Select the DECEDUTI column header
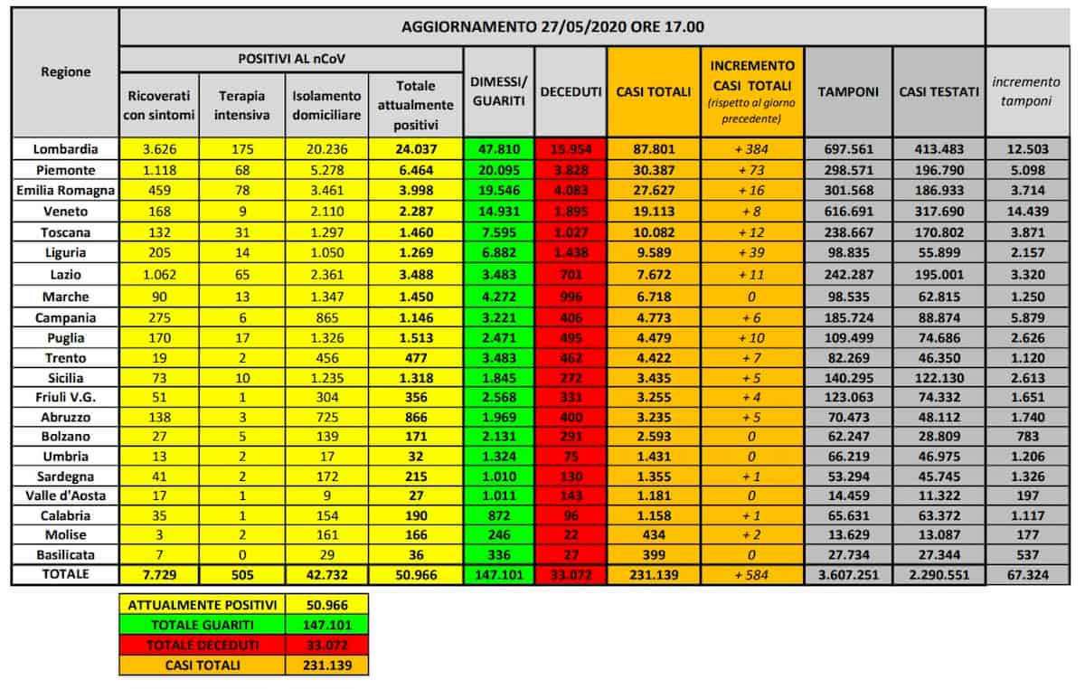coord(570,92)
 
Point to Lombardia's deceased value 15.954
coord(570,149)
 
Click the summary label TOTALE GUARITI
coord(202,624)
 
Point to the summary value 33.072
coord(326,645)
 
